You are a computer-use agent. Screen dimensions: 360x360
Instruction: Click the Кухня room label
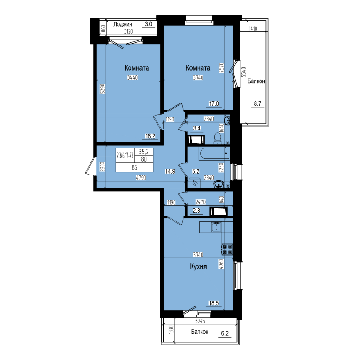tap(198, 267)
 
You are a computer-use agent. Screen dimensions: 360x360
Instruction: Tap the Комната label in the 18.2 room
tap(137, 68)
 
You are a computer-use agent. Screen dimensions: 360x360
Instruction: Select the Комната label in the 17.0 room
tap(198, 68)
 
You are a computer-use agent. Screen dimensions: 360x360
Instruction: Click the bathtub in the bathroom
tap(215, 153)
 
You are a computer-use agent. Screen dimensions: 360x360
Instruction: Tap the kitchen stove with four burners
tap(227, 249)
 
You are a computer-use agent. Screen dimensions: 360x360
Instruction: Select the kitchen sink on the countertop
tap(216, 227)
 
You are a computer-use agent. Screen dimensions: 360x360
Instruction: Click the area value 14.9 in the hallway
tap(170, 171)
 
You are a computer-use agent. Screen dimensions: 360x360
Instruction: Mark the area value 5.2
tap(196, 171)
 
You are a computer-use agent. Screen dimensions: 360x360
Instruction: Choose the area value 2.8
tap(197, 211)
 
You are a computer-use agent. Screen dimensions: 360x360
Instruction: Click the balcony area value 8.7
tap(258, 103)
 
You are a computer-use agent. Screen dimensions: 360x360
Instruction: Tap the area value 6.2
tap(225, 333)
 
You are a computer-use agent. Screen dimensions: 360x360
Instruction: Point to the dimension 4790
tap(141, 178)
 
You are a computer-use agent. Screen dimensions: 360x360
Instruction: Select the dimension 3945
tap(200, 321)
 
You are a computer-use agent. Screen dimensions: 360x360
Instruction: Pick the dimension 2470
tap(200, 202)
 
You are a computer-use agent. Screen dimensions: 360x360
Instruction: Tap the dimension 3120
tap(129, 31)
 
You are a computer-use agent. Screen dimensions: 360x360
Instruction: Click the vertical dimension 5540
tap(243, 72)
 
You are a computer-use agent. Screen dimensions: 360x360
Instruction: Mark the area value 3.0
tap(148, 24)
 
